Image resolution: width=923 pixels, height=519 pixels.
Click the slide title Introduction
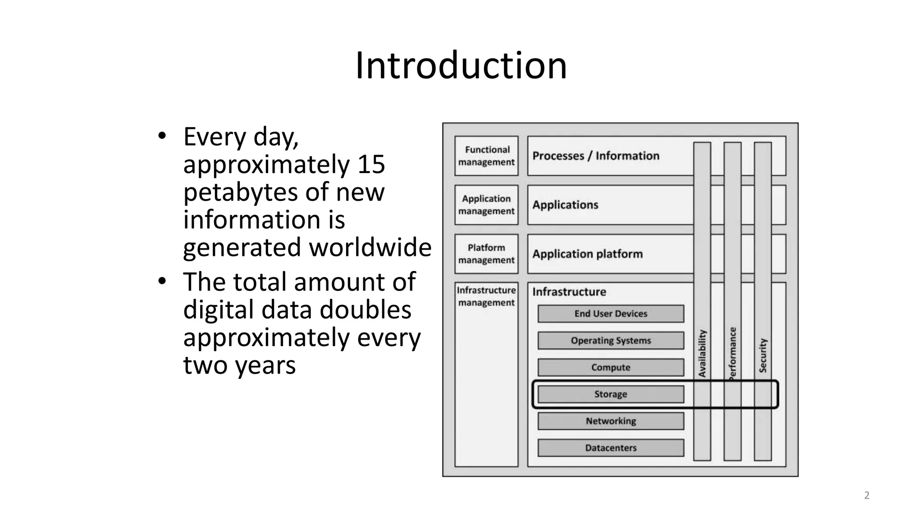coord(461,66)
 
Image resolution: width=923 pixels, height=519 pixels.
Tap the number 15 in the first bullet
coord(371,164)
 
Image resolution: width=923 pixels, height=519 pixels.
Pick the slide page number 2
coord(867,496)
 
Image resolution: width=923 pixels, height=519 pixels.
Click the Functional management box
coord(486,156)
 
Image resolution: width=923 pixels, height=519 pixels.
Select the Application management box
coord(486,205)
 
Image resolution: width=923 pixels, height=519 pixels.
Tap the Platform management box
coord(486,254)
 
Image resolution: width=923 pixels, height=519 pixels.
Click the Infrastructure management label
coord(486,296)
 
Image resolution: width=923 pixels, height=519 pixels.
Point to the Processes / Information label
coord(596,156)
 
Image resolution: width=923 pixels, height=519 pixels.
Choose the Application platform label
coord(587,254)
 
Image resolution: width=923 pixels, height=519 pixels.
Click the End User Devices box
coord(611,314)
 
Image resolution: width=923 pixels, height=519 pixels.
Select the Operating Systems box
coord(611,341)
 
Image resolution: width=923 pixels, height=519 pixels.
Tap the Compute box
coord(611,368)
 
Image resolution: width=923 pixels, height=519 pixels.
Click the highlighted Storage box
coord(611,394)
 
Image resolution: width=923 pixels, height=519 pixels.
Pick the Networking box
coord(611,421)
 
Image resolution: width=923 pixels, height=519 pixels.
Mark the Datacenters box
coord(611,448)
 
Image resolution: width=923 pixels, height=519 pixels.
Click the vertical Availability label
coord(702,354)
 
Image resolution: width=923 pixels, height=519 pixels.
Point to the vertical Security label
coord(763,355)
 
